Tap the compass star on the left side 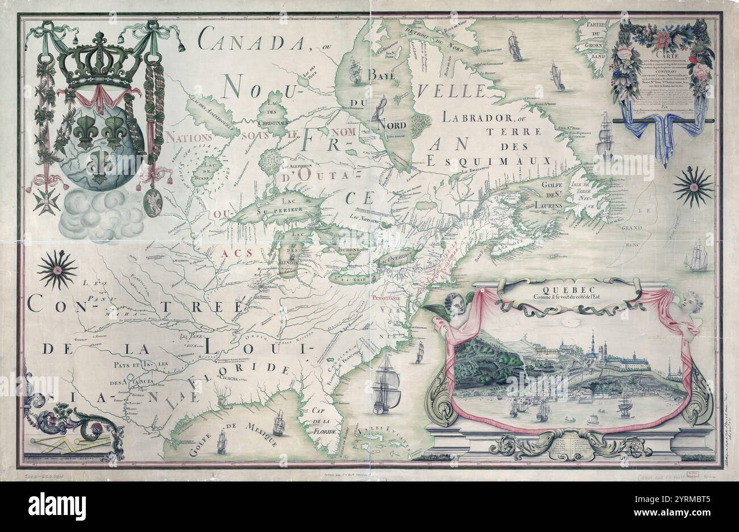[57, 270]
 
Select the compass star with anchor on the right [693, 187]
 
